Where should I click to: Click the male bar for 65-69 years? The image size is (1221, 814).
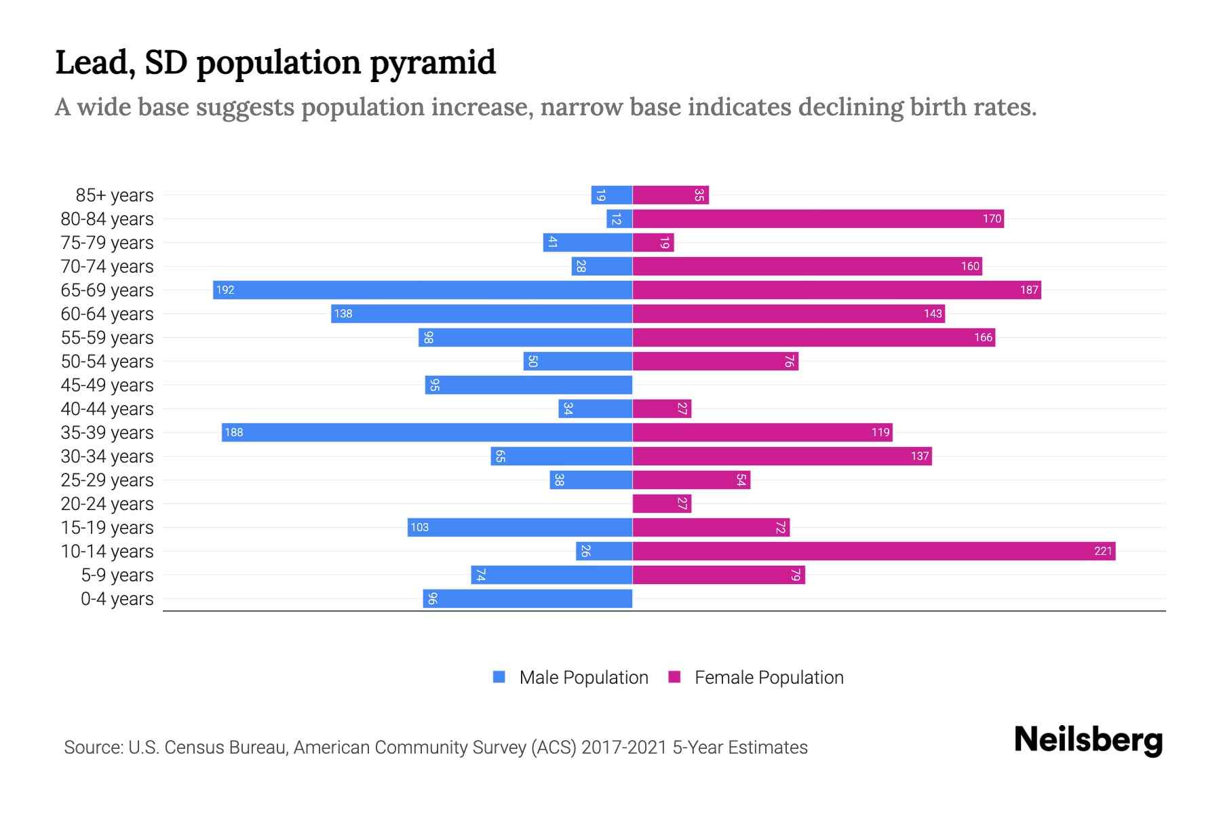point(422,290)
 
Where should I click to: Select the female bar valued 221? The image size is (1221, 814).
point(874,551)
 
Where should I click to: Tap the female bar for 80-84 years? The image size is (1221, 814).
point(817,218)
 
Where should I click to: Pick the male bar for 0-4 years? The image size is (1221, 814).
point(528,598)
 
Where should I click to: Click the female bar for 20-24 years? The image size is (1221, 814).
point(661,503)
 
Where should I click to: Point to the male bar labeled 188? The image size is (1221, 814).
point(427,432)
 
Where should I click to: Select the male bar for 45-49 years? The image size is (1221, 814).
point(528,385)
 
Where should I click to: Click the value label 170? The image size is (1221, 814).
point(992,218)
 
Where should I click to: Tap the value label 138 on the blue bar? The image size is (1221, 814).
point(343,313)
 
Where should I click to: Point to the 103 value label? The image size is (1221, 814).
point(419,527)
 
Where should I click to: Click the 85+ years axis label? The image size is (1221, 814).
point(115,195)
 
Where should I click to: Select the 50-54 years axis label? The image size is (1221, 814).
point(107,362)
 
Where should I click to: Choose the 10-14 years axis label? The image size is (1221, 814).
point(107,551)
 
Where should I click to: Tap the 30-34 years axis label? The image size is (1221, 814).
point(107,457)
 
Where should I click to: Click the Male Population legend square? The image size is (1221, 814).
point(499,677)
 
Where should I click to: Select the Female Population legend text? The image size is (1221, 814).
point(769,678)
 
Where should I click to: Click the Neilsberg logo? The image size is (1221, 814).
point(1088,740)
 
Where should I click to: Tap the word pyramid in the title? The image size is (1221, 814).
point(433,62)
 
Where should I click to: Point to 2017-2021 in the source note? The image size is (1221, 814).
point(624,748)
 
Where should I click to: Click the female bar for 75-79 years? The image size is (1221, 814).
point(653,242)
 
